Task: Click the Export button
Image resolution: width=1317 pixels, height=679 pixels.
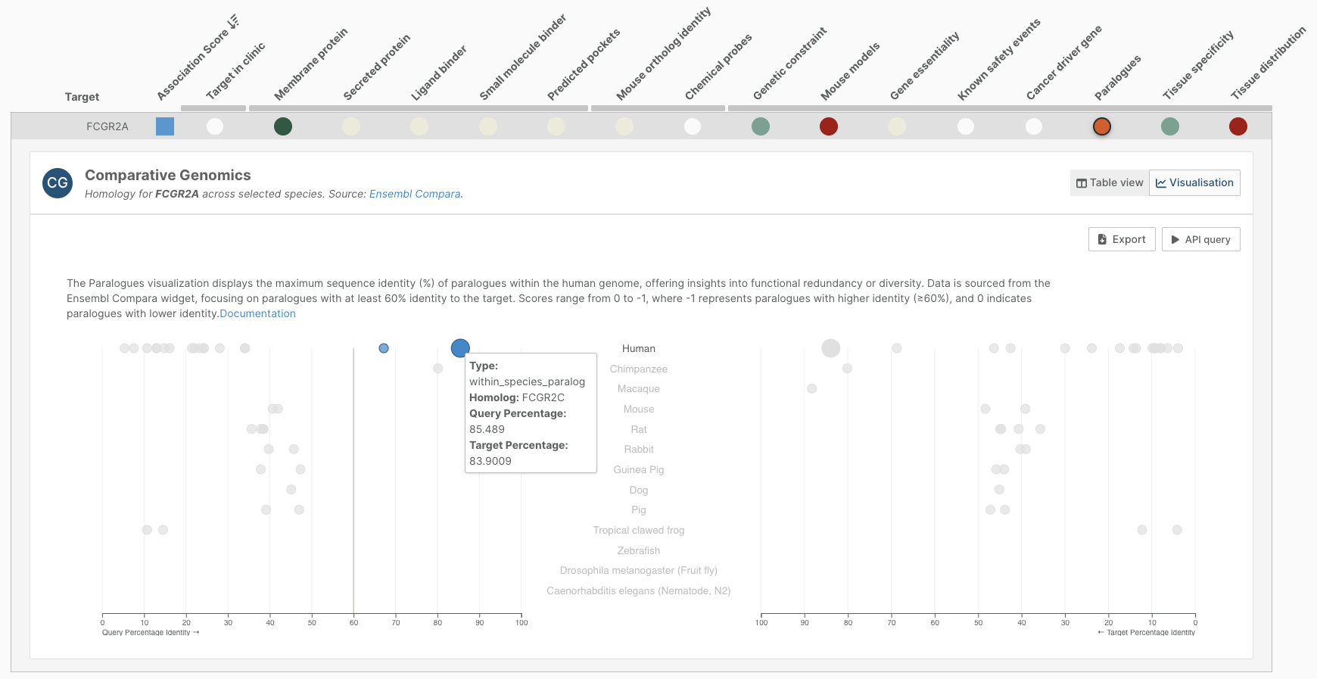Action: click(1121, 239)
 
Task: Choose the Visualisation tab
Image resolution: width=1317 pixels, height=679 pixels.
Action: click(1194, 182)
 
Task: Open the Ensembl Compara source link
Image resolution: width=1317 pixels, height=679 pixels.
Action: click(415, 194)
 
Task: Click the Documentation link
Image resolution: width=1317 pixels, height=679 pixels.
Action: click(257, 313)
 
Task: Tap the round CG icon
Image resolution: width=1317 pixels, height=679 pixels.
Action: click(58, 182)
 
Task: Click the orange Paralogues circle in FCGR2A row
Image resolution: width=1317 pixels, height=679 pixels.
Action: click(1101, 126)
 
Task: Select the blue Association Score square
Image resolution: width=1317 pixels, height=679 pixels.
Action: click(165, 126)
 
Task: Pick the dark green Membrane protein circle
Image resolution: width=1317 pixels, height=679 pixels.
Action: click(283, 126)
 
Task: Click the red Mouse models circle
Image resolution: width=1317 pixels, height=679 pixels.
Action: click(829, 126)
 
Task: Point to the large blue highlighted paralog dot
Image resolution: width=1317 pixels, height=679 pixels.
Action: click(460, 348)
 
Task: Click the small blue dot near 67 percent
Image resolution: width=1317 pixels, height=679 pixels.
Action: click(384, 348)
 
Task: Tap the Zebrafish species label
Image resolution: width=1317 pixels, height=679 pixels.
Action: click(638, 550)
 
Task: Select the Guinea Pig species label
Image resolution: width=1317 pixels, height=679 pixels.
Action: click(638, 469)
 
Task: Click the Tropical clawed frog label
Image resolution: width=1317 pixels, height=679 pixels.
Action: click(638, 530)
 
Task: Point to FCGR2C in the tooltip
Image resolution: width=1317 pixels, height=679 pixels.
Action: click(543, 397)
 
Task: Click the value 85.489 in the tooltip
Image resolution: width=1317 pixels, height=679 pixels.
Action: click(487, 429)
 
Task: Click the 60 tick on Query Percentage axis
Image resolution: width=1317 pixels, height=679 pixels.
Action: click(353, 622)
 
